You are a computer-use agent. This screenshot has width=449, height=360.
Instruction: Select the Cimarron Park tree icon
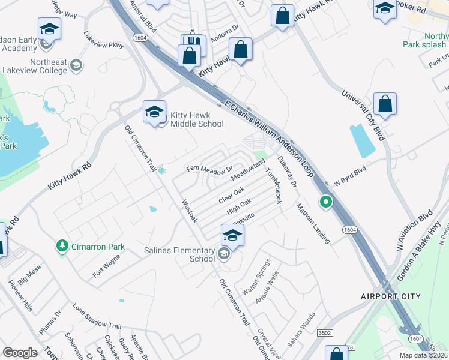(x=62, y=246)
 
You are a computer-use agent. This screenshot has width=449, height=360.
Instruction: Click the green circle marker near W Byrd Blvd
(x=325, y=202)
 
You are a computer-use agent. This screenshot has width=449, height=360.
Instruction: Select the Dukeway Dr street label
(x=287, y=172)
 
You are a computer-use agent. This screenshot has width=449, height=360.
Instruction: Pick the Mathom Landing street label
(x=312, y=223)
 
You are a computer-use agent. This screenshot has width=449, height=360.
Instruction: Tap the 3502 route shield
(x=325, y=332)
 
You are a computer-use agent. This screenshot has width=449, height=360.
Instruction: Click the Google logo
(x=20, y=352)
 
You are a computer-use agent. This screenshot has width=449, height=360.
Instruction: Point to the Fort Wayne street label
(x=106, y=266)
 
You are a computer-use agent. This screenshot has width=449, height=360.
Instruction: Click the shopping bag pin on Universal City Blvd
(x=385, y=104)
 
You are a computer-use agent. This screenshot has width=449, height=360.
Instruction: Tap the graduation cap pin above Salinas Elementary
(x=232, y=235)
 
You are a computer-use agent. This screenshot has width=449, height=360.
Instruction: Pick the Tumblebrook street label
(x=274, y=185)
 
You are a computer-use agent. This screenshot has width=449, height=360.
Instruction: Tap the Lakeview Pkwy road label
(x=104, y=40)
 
